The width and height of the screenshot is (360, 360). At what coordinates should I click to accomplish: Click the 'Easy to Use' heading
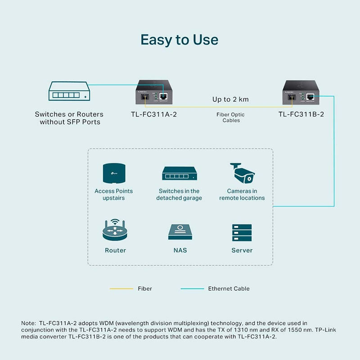coord(179,40)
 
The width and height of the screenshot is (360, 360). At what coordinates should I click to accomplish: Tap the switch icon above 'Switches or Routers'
coord(69,91)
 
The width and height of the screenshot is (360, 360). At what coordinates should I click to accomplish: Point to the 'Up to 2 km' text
coord(230,99)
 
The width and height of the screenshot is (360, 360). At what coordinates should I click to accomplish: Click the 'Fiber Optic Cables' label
coord(231,117)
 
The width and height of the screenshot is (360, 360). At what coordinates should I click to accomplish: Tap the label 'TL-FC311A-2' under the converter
coord(151,114)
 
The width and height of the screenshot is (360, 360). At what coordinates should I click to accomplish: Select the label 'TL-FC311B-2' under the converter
coord(301,114)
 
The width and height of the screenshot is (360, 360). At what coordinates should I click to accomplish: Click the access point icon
coord(114,174)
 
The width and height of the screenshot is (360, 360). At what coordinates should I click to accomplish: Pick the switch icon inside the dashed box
coord(179,174)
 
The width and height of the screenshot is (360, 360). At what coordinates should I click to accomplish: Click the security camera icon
coord(242,174)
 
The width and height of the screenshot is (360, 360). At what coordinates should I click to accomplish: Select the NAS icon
coord(180,232)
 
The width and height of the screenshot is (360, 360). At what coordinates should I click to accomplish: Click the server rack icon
coord(242,232)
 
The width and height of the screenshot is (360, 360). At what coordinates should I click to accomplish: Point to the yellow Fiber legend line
coord(121,289)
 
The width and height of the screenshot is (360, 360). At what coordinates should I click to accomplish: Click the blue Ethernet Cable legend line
coord(192,289)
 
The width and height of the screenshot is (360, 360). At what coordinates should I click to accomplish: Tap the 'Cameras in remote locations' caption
coord(242,194)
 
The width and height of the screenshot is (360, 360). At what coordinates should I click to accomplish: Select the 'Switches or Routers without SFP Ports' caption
coord(70,118)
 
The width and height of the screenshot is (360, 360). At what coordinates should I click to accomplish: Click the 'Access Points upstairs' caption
coord(114,194)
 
